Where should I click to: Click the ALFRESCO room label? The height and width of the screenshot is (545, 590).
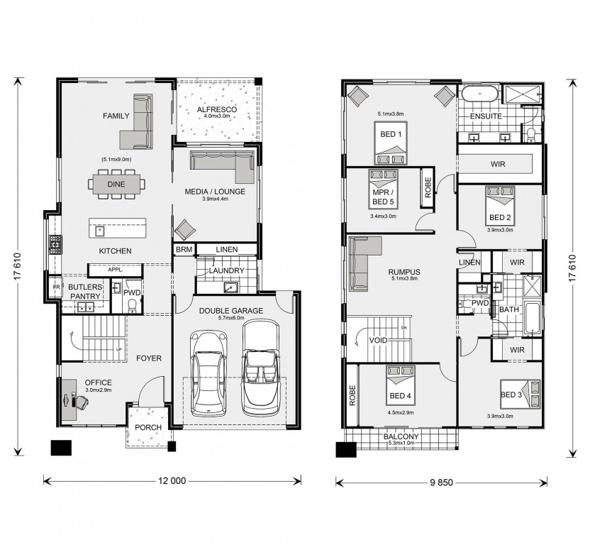tap(217, 109)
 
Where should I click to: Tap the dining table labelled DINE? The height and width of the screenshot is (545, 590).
tap(116, 185)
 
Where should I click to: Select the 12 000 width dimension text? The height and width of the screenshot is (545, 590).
tap(172, 481)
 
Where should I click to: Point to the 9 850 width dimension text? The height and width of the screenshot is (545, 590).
tap(441, 483)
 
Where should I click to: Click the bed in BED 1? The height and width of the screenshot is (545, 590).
tap(391, 143)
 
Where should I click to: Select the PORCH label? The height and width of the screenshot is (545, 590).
tap(148, 427)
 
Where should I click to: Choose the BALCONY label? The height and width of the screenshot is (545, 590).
tap(401, 436)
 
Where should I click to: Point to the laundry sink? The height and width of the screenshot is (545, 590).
tap(230, 287)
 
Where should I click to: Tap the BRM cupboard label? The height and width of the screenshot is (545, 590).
tap(184, 249)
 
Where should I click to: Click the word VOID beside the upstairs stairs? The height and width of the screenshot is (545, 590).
tap(378, 341)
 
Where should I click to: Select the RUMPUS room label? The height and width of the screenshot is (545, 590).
tap(404, 272)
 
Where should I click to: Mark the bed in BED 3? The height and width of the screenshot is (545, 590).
tap(520, 395)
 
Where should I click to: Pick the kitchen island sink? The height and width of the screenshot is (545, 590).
tap(100, 231)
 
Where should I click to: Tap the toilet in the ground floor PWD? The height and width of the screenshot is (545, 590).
tap(133, 304)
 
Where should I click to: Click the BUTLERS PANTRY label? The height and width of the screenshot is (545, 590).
tap(85, 292)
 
